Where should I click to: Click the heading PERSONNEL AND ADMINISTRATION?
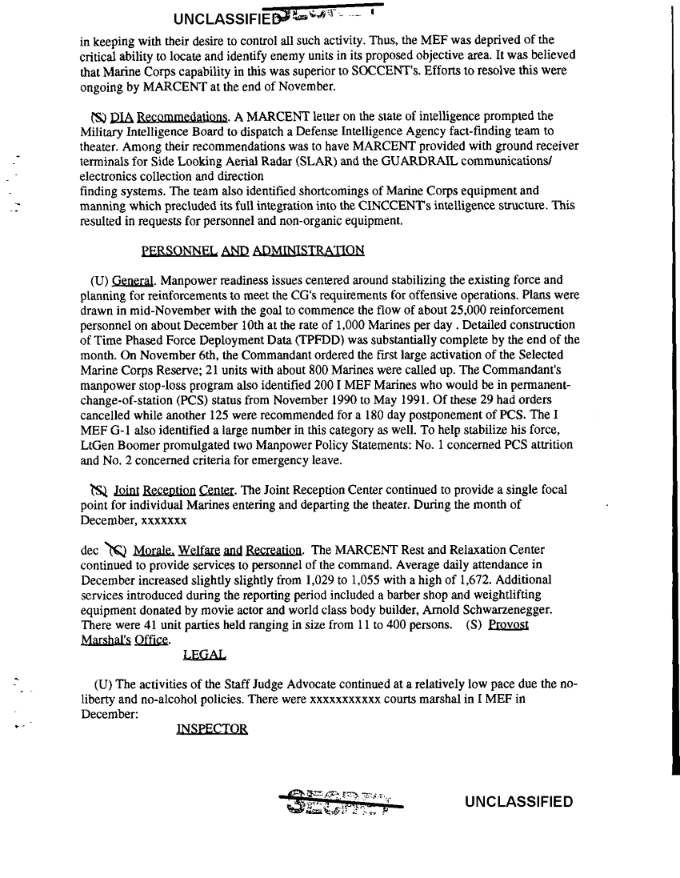coord(253,251)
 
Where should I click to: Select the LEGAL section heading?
coord(205,655)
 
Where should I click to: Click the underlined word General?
coord(133,280)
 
